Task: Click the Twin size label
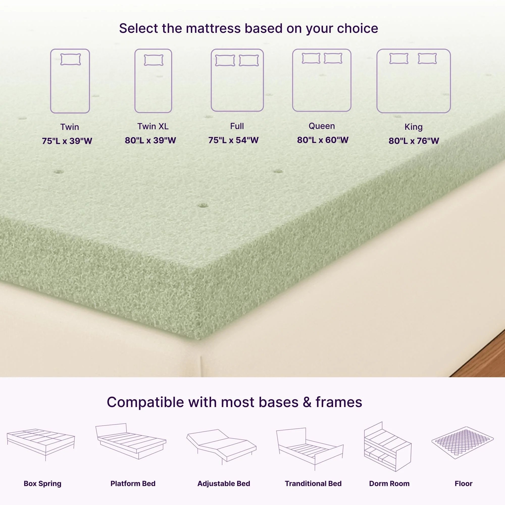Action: click(69, 127)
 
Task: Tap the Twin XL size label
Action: click(153, 127)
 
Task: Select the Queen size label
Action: click(321, 126)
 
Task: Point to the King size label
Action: click(414, 127)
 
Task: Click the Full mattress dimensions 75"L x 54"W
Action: click(233, 140)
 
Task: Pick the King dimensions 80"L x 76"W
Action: click(414, 141)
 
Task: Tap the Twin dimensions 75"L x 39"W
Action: click(67, 141)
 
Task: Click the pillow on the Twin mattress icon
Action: click(71, 60)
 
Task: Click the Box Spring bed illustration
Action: click(41, 444)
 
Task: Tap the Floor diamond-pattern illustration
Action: click(462, 443)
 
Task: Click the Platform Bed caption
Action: click(133, 484)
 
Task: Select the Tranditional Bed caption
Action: click(313, 484)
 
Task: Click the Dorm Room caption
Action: click(389, 484)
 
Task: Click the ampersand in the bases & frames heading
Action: click(307, 402)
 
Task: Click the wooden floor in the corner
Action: click(486, 361)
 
